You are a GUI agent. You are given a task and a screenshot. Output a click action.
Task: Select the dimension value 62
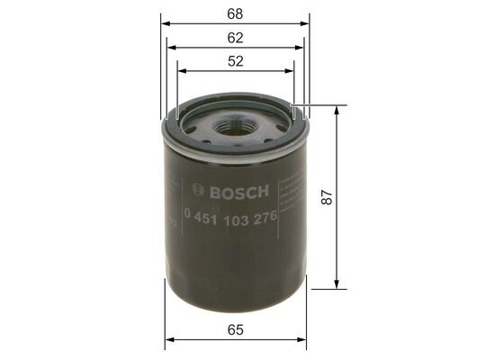237,39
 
